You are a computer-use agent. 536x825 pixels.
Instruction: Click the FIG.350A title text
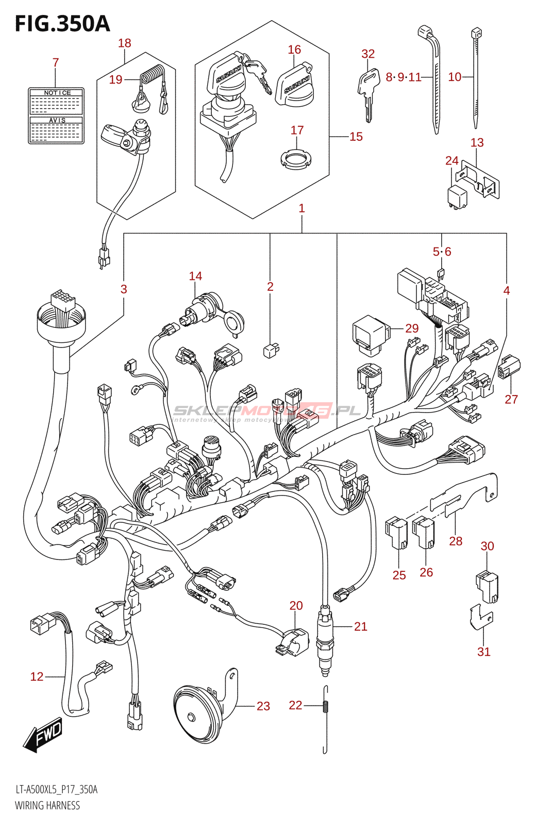point(62,24)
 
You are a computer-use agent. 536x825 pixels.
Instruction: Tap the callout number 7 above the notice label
point(56,62)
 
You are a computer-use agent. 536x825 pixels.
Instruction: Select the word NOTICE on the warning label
point(57,93)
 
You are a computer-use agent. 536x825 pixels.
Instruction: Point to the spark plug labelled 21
point(325,639)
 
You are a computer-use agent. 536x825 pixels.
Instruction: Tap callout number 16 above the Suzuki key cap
point(294,49)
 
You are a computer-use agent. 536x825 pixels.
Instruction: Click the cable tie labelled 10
point(476,77)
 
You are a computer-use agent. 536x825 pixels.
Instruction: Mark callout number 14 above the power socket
point(195,276)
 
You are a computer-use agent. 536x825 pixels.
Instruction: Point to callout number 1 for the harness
point(301,208)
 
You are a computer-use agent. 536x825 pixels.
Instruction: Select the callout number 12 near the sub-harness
point(37,676)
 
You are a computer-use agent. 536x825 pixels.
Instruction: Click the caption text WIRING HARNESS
point(47,805)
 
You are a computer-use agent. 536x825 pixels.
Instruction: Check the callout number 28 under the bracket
point(456,541)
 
